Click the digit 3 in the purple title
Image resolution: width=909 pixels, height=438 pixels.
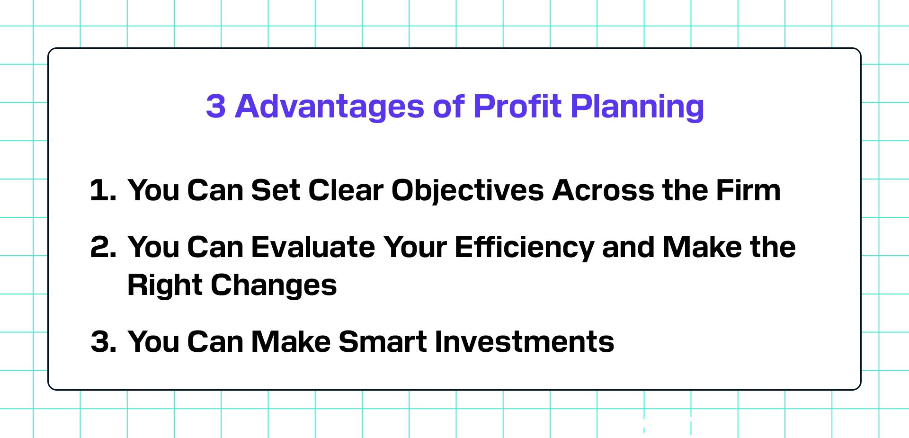(215, 106)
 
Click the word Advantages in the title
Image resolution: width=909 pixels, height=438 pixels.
(330, 106)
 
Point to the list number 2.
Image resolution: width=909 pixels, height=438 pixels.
(103, 247)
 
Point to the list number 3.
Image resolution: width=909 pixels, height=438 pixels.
(103, 341)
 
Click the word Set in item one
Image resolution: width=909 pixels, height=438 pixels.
(276, 190)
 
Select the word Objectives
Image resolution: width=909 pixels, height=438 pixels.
(467, 191)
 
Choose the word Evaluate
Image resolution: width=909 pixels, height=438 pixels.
(313, 247)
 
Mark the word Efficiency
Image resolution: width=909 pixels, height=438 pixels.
(524, 248)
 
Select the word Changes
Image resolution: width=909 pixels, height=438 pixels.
(274, 286)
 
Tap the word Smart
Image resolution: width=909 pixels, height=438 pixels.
(383, 341)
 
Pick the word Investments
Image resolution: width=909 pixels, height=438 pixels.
(524, 341)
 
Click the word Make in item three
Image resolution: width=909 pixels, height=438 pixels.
(291, 341)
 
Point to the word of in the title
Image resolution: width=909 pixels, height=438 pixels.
(449, 106)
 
